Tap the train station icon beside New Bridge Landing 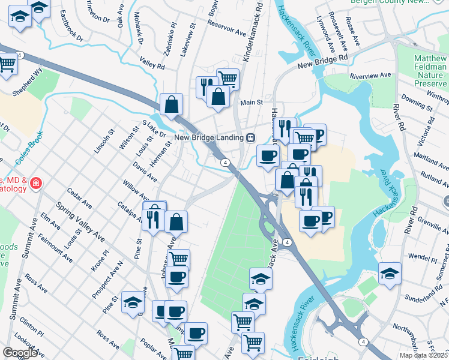(250, 137)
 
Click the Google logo (20, 353)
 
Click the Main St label (252, 103)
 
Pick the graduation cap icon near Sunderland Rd (390, 274)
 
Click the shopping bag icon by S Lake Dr (172, 104)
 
